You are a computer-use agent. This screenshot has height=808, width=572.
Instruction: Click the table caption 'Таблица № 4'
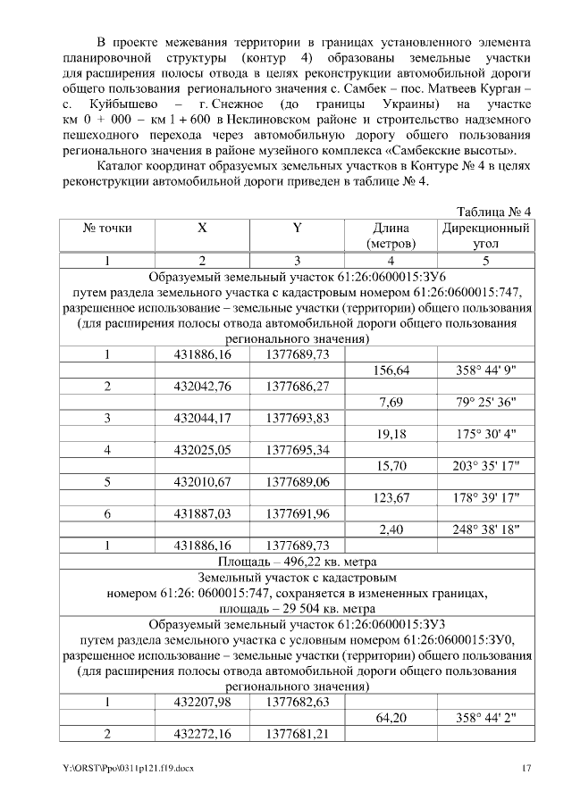pos(493,212)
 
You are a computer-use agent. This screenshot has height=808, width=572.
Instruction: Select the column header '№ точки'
pos(107,228)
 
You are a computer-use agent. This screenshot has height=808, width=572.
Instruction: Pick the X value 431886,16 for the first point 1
pos(203,354)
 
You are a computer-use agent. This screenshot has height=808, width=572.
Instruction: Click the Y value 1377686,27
pos(298,387)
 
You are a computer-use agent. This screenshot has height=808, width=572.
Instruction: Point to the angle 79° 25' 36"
pos(486,403)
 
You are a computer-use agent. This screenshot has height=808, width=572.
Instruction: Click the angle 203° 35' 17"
pos(486,465)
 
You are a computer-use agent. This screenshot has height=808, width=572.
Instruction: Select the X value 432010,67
pos(203,481)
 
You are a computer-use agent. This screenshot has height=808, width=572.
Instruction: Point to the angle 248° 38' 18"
pos(486,529)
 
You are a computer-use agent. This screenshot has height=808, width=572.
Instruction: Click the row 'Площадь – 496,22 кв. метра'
pos(298,562)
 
